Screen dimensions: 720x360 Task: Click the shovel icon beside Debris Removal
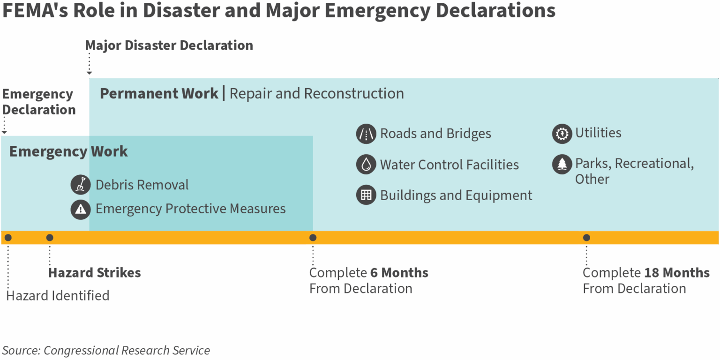80,185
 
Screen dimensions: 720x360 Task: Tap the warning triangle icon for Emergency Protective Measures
80,210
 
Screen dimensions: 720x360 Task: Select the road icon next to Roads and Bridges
366,134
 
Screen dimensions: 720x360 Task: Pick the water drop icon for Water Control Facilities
366,164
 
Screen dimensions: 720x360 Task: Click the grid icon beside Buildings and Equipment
366,195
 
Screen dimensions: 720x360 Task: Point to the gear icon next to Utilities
562,134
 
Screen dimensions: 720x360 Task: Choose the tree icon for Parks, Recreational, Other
562,164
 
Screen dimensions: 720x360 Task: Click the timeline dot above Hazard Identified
8,238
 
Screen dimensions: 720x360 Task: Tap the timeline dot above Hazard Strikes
50,238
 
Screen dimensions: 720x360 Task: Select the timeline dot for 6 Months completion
313,238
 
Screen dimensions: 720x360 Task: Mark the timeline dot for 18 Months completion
586,238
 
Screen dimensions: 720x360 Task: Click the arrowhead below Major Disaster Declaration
90,73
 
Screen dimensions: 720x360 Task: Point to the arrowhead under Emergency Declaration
4,132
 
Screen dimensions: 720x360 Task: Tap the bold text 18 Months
677,272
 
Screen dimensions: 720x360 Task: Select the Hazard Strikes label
95,272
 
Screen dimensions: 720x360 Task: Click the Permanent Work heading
159,94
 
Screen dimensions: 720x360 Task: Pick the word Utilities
598,133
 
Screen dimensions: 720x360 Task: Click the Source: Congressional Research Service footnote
106,350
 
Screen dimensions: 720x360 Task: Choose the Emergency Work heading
68,151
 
